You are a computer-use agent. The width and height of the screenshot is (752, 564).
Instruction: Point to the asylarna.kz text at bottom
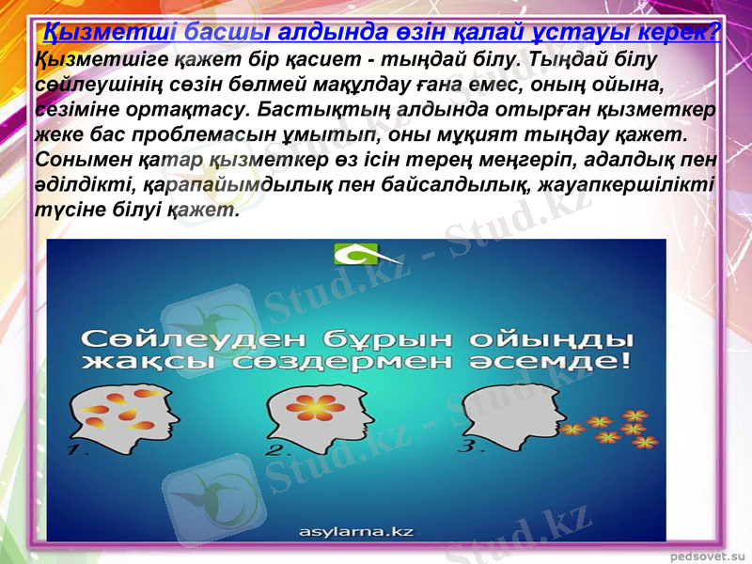(x=356, y=532)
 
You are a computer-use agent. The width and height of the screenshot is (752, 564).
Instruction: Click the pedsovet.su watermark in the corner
(x=707, y=556)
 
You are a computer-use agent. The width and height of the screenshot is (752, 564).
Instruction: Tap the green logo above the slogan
(x=355, y=254)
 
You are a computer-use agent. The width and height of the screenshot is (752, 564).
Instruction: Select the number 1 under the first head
(x=79, y=451)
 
